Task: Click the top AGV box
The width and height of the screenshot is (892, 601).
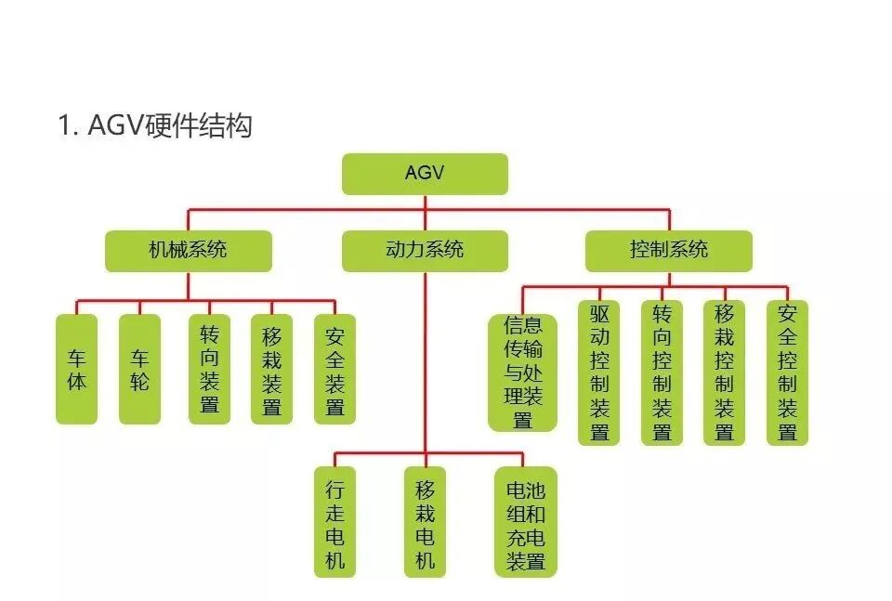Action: click(x=425, y=174)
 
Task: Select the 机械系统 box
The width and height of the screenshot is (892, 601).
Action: click(x=188, y=251)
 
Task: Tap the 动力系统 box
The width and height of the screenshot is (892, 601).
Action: click(x=425, y=251)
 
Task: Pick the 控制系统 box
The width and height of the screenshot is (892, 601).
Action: click(x=668, y=251)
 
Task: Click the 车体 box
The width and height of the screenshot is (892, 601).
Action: click(x=76, y=369)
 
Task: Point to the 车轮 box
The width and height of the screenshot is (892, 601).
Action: click(x=139, y=369)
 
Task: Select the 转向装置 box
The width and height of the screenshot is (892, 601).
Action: click(x=209, y=369)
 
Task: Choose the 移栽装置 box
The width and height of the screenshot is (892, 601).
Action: click(x=271, y=369)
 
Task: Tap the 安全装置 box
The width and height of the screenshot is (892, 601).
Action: click(x=334, y=369)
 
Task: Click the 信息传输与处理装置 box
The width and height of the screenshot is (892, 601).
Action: click(x=523, y=372)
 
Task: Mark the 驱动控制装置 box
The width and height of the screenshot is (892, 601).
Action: click(x=599, y=372)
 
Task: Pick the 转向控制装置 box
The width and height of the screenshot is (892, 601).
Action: click(x=662, y=372)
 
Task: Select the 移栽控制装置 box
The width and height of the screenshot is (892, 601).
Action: click(x=724, y=372)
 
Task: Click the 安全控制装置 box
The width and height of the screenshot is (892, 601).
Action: click(x=787, y=372)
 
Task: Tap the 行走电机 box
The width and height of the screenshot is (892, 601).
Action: click(x=334, y=522)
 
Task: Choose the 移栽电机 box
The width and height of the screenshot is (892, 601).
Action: click(x=425, y=522)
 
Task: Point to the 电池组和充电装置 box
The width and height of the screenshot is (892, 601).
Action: click(x=525, y=522)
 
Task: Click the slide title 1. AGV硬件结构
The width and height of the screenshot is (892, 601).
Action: click(x=155, y=125)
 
